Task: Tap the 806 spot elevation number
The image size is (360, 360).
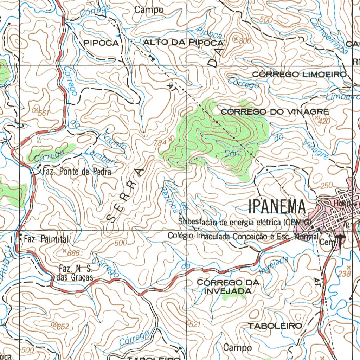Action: click(245, 41)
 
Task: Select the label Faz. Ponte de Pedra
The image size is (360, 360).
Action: click(77, 172)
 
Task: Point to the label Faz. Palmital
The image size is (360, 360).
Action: click(46, 240)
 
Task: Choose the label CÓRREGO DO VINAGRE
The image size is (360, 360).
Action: click(275, 112)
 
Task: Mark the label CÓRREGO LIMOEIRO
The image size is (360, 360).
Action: click(300, 75)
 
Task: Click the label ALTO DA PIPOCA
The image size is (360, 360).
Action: click(183, 43)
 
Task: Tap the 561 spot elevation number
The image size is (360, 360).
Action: click(44, 113)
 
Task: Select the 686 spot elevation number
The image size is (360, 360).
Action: click(74, 252)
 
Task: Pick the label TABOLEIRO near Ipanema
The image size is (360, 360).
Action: click(275, 326)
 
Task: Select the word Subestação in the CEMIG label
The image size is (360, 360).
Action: click(194, 222)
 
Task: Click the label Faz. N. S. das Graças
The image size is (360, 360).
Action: click(75, 274)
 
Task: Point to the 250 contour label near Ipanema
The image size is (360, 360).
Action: click(326, 186)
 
